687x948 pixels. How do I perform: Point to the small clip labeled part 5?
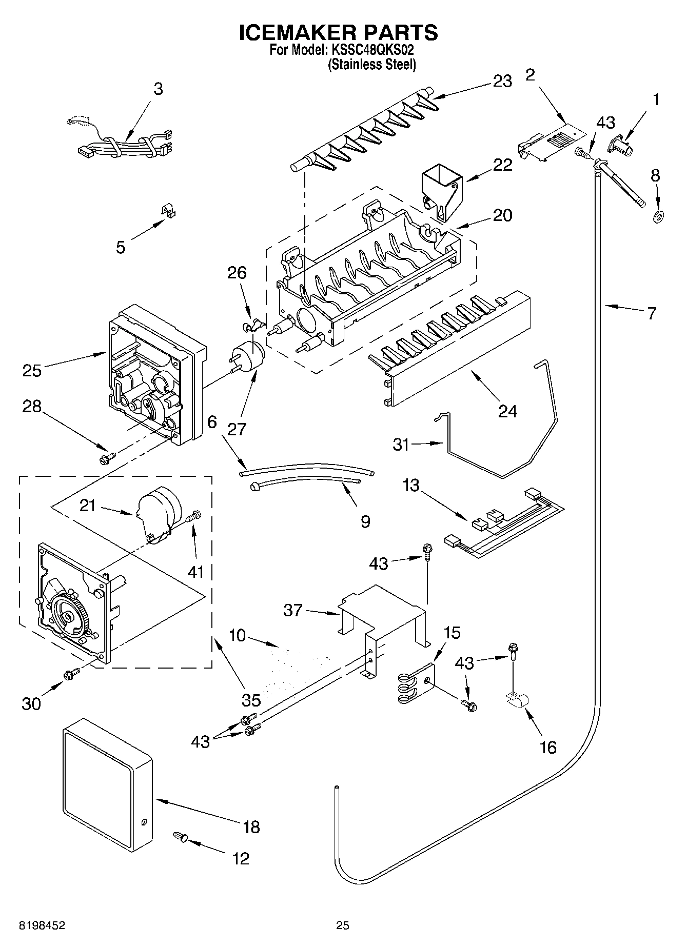(x=166, y=211)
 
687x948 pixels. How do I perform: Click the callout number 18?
(x=251, y=826)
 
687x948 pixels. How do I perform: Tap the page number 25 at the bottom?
(x=343, y=925)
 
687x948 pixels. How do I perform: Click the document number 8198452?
(x=42, y=925)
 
